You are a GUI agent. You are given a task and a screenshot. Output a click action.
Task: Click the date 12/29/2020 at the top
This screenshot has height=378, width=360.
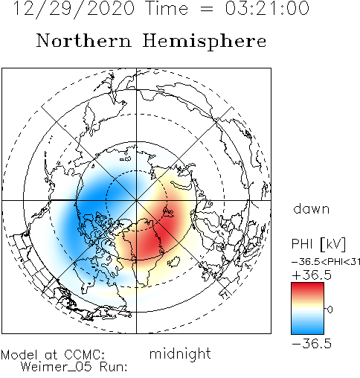tap(74, 9)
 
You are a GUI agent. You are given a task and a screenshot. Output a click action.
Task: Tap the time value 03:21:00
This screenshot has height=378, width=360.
tap(267, 8)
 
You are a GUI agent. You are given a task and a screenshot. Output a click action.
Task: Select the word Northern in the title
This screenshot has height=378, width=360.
tap(84, 40)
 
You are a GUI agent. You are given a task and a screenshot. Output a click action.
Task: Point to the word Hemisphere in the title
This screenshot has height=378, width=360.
tap(205, 42)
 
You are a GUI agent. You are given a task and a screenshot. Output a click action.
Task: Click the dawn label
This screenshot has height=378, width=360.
tap(312, 209)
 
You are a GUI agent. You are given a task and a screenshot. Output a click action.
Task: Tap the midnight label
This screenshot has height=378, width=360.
tap(180, 353)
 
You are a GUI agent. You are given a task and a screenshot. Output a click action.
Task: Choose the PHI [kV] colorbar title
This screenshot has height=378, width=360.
tap(318, 244)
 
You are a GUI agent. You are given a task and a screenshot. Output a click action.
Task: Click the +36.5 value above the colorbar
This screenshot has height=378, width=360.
tap(312, 275)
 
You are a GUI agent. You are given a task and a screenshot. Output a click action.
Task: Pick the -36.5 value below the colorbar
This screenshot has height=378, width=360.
tap(312, 344)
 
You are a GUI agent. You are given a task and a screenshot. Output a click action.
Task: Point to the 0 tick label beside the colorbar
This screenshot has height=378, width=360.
tap(330, 310)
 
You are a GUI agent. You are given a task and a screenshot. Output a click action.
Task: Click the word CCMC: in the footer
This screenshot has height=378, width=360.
tap(84, 355)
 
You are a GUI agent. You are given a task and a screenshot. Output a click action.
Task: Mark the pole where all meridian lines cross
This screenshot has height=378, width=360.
tap(136, 200)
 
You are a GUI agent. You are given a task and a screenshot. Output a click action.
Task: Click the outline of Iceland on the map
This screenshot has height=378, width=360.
tap(173, 262)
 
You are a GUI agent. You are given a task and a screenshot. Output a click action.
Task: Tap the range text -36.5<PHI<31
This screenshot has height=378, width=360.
tap(326, 262)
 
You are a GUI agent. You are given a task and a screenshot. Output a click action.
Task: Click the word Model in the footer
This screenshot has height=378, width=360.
tap(19, 355)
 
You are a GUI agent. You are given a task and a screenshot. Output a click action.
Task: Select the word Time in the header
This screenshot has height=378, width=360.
tap(167, 8)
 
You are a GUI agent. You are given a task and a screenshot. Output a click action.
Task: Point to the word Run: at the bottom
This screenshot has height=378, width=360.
tap(114, 367)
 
